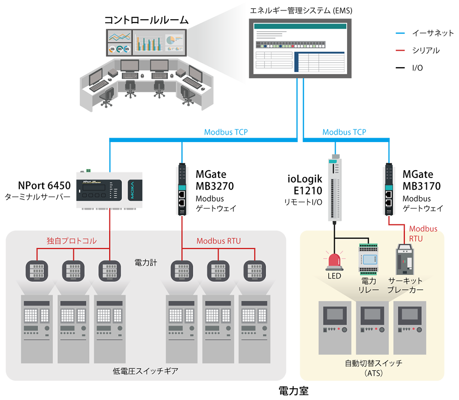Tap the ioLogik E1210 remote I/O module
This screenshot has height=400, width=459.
335,189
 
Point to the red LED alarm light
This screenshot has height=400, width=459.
334,260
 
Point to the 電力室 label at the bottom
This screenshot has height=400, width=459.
294,391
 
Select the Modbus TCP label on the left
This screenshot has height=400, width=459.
226,132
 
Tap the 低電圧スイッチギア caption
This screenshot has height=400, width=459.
146,371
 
